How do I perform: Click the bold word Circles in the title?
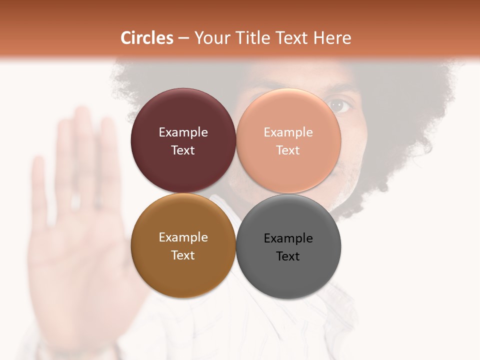147,38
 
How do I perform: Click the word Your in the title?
210,38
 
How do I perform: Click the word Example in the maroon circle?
183,132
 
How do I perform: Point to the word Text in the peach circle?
288,150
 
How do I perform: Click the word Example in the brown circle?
183,237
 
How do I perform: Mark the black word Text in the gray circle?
288,256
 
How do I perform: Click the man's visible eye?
340,105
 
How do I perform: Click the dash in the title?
183,38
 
